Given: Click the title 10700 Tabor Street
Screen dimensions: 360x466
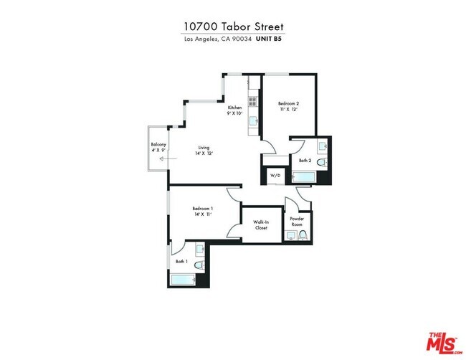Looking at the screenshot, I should coord(233,26).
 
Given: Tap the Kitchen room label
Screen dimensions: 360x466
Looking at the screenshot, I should coord(235,108).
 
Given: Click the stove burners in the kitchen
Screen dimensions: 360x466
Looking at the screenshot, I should coord(252,100).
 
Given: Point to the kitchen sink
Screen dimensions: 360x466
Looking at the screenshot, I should coord(253,121).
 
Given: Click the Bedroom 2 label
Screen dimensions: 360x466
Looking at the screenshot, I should coord(288,105).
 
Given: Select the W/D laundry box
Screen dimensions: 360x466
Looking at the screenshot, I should coord(275,176).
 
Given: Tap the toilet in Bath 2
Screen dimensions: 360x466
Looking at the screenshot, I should coord(323,163).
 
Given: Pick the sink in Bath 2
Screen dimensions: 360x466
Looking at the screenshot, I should coord(323,148).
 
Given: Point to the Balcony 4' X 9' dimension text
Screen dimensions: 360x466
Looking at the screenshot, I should coord(158,150).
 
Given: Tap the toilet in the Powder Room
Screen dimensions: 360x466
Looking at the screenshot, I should coord(304,235).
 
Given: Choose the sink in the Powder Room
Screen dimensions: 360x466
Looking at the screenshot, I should coord(291,235).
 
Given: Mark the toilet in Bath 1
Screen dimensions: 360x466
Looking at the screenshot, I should coord(201,265).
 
